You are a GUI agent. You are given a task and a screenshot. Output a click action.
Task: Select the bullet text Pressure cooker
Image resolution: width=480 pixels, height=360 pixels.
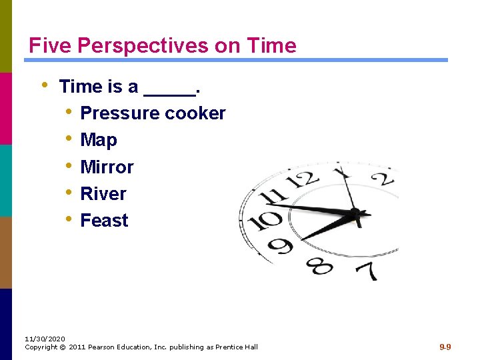click(153, 113)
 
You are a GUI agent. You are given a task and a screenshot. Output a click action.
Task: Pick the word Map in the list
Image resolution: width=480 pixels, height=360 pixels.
click(99, 140)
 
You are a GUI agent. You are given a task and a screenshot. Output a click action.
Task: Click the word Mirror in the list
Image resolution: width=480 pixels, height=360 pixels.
click(107, 167)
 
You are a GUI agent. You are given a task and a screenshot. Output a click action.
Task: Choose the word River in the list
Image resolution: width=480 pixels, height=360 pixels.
click(103, 193)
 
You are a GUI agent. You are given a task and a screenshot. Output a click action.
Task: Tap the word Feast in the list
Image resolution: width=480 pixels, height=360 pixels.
click(104, 220)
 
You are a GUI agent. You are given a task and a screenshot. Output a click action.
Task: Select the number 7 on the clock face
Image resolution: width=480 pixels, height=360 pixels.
click(366, 270)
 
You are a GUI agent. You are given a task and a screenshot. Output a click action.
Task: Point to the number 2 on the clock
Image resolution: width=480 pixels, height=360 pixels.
click(383, 179)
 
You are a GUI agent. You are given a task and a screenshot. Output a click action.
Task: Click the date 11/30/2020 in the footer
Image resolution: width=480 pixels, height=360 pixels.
click(45, 339)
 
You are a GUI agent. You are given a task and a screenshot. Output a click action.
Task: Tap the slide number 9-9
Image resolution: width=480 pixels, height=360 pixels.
click(445, 347)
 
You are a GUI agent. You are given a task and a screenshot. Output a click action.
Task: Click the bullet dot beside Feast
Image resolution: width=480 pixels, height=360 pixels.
click(69, 219)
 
